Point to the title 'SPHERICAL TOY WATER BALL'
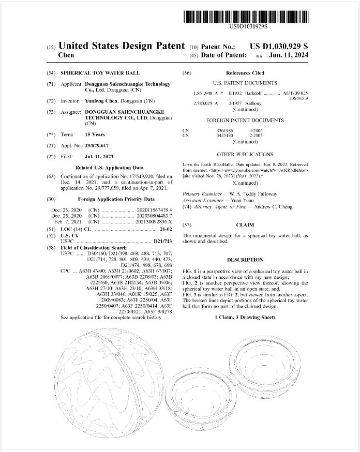point(100,73)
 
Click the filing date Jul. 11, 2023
point(100,156)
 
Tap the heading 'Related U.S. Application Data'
point(109,168)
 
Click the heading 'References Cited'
point(245,73)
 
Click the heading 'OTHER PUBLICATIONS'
point(245,154)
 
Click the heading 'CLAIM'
point(245,225)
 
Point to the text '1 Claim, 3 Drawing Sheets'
point(245,317)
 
